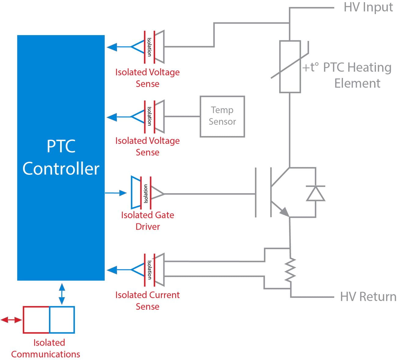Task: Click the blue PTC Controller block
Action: (61, 157)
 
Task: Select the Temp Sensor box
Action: (222, 116)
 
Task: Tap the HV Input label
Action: (368, 7)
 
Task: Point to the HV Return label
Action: (368, 297)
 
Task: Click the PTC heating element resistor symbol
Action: (290, 67)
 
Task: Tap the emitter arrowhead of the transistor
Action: (284, 211)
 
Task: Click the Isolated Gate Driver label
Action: (148, 221)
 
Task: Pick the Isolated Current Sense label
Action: (148, 301)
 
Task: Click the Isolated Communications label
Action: (46, 348)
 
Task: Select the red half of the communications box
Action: (36, 320)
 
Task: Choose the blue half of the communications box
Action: (62, 320)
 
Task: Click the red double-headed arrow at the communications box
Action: (11, 320)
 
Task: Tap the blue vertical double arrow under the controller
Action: (62, 294)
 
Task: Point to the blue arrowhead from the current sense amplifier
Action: (112, 270)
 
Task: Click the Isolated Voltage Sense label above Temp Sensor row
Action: (148, 77)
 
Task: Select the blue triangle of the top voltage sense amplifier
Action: (138, 47)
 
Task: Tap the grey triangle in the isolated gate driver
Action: (157, 193)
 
